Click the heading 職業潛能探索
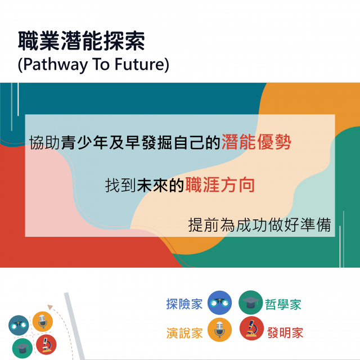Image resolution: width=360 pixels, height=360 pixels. click(x=81, y=41)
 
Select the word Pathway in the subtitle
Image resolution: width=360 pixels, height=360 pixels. click(x=56, y=65)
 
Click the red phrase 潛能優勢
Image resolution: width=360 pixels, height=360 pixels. click(x=256, y=142)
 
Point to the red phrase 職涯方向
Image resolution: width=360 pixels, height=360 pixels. click(x=220, y=185)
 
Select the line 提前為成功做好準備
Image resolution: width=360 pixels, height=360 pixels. click(x=259, y=225)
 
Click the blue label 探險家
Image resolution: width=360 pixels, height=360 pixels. click(x=184, y=304)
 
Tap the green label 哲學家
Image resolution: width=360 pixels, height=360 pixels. click(x=283, y=304)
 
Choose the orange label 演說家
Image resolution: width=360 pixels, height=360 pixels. click(x=184, y=333)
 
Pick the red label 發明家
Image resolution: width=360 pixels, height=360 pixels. click(x=285, y=332)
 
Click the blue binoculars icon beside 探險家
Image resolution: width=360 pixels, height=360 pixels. click(x=219, y=303)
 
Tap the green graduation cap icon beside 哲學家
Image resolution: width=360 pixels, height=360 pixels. click(x=250, y=303)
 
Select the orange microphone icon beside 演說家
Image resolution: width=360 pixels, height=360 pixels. click(x=219, y=330)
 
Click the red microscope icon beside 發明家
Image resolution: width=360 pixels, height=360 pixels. click(x=251, y=328)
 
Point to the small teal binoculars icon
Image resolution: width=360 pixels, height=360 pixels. click(x=19, y=325)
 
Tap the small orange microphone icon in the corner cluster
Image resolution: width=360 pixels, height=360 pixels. click(x=43, y=321)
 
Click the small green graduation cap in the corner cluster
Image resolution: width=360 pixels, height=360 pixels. click(x=22, y=348)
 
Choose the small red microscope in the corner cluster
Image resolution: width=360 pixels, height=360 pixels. click(x=46, y=345)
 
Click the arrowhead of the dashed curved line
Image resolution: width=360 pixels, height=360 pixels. click(x=50, y=307)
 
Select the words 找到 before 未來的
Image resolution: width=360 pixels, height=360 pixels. click(x=120, y=185)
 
